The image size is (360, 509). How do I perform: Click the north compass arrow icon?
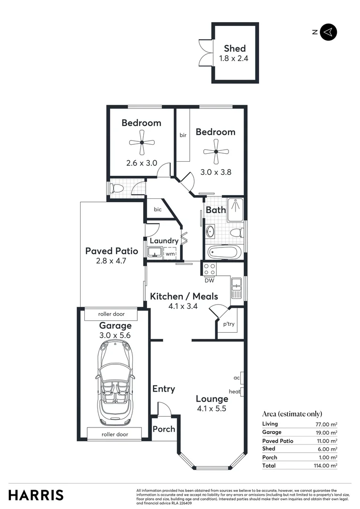328,32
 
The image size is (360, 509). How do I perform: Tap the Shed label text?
234,48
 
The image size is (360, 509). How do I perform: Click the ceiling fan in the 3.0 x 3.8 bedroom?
216,151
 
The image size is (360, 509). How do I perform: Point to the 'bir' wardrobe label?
183,135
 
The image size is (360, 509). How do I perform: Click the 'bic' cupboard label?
158,210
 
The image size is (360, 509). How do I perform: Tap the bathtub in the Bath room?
225,252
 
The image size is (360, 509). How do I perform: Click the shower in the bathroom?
235,210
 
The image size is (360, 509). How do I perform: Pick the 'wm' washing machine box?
170,254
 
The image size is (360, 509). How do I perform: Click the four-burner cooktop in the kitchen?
209,269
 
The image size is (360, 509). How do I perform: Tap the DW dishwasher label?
209,281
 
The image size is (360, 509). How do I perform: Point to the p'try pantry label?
229,324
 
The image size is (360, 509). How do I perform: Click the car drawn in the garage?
115,383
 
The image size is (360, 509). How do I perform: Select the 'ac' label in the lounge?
237,378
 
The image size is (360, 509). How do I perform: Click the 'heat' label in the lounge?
235,391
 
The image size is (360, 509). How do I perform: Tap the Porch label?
164,429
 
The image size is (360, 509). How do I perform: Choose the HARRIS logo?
36,495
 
